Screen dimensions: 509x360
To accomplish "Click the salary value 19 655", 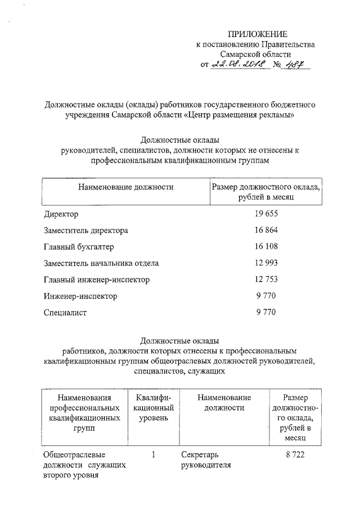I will click(265, 214).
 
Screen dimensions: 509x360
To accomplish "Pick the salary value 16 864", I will click(265, 231).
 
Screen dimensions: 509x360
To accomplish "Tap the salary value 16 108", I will click(265, 247).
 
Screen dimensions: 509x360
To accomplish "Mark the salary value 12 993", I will click(265, 263).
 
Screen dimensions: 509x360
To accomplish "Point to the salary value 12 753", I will click(265, 280).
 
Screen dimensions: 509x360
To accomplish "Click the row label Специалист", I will click(65, 312).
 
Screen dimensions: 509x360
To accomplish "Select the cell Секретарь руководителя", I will click(206, 460).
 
